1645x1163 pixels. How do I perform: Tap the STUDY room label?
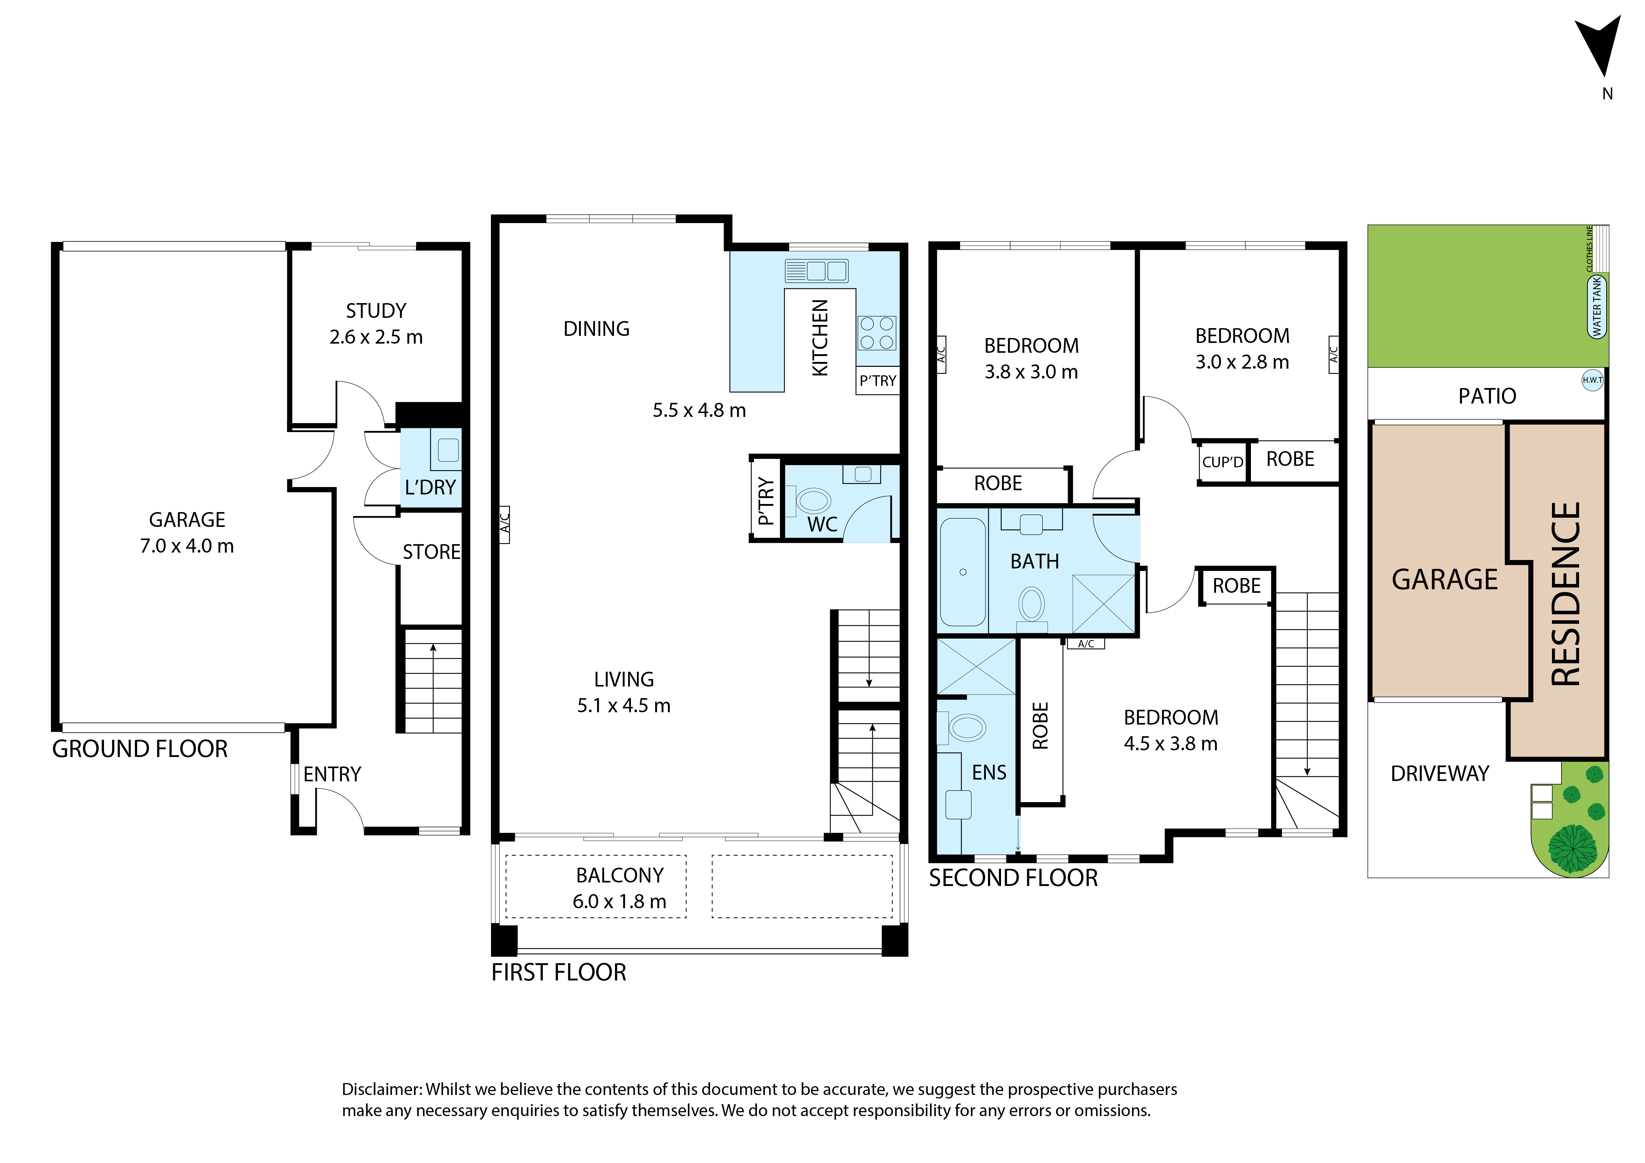(376, 311)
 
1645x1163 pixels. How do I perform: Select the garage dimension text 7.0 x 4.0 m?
(187, 546)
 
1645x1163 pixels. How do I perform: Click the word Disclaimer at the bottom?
(381, 1089)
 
